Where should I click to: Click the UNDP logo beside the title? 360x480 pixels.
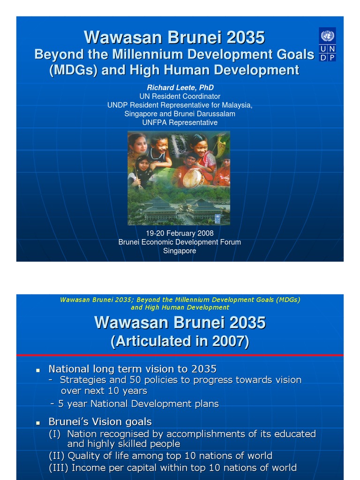[327, 45]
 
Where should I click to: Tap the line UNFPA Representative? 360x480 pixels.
[180, 122]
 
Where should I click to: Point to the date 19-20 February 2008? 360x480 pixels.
[180, 233]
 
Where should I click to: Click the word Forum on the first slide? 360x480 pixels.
[230, 242]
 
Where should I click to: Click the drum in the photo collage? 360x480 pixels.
[192, 178]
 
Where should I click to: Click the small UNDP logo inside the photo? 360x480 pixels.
[217, 218]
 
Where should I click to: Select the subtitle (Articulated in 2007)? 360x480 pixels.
[180, 341]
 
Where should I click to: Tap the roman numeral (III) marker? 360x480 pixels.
[57, 467]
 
